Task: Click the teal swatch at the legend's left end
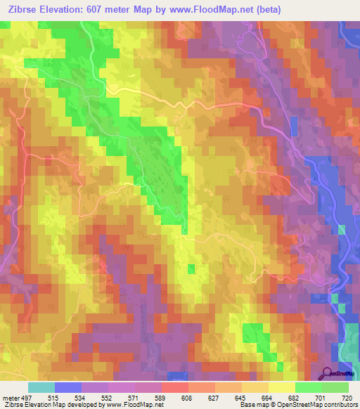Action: coord(41,388)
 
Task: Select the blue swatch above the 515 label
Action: coord(68,388)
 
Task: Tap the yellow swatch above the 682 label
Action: coord(281,388)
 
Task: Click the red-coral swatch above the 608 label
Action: coord(175,388)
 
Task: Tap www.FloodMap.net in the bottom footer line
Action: coord(134,405)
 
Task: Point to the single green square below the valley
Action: coord(192,268)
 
